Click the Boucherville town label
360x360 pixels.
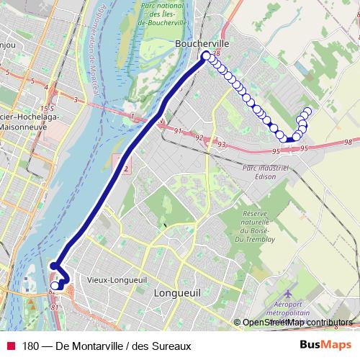click(202, 43)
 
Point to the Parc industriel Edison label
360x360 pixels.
click(266, 172)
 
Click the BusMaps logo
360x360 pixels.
click(325, 345)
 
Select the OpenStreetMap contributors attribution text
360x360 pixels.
click(297, 323)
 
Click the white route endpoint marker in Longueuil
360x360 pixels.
click(55, 286)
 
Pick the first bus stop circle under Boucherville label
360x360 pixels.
click(206, 55)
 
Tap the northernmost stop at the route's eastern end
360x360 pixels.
click(308, 111)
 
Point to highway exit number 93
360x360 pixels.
click(222, 145)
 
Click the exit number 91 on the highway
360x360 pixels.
click(178, 130)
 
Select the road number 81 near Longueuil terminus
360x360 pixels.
click(55, 307)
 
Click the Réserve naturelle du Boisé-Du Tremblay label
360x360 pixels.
click(264, 225)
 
